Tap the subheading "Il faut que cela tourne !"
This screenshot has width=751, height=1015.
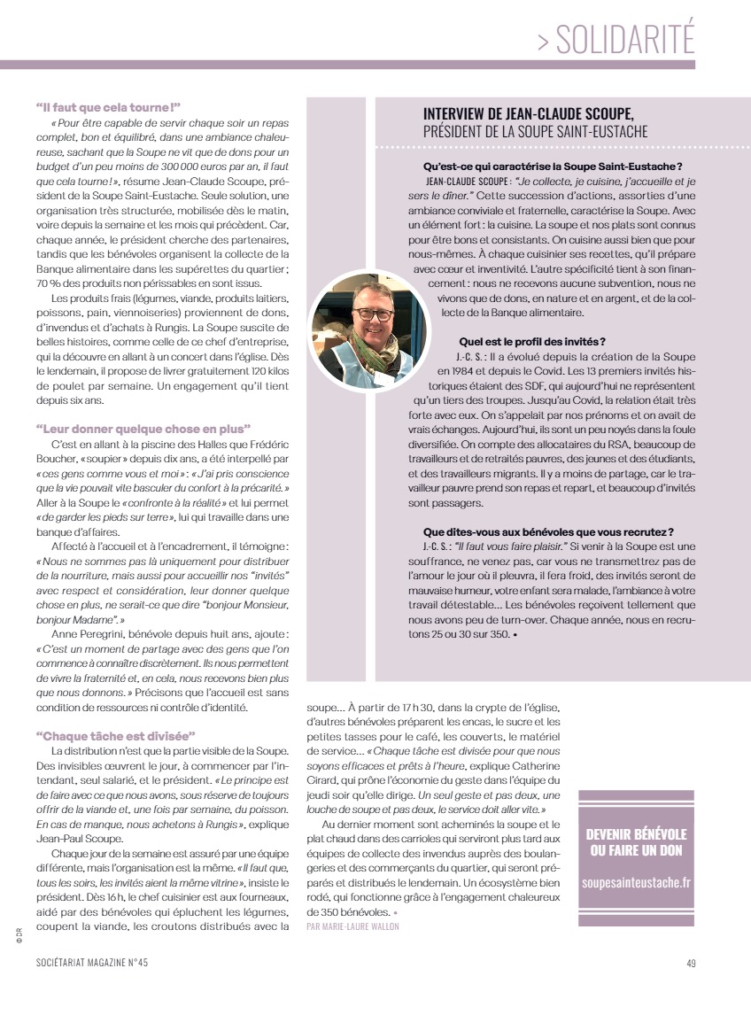point(109,106)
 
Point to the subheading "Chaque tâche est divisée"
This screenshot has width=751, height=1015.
point(116,735)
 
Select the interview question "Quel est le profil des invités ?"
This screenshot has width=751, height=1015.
point(532,341)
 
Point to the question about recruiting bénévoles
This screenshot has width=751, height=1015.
point(549,531)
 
